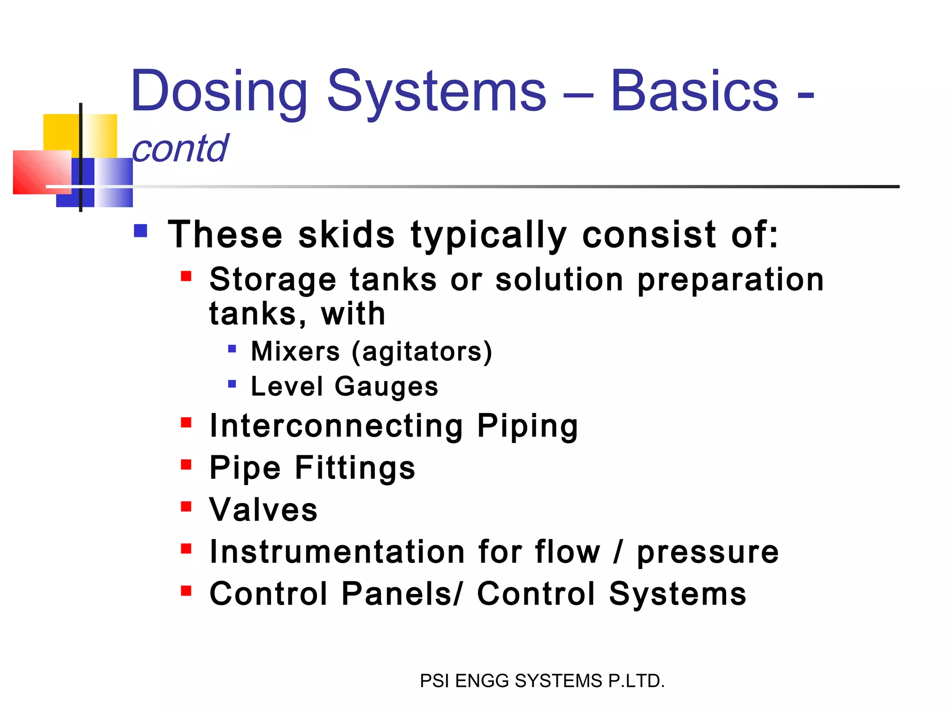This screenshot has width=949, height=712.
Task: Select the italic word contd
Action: tap(180, 148)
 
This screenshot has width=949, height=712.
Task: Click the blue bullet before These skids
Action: tap(140, 231)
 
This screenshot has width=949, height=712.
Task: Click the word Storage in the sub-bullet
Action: tap(272, 280)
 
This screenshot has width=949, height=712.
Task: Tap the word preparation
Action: tap(730, 280)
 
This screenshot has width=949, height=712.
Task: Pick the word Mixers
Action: tap(295, 351)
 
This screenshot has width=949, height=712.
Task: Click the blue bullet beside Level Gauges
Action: tap(232, 384)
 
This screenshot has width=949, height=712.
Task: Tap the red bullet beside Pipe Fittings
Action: tap(186, 464)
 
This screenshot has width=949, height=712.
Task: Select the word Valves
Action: tap(263, 510)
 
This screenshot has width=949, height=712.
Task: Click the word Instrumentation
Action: tap(337, 552)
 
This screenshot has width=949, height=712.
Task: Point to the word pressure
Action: tap(708, 553)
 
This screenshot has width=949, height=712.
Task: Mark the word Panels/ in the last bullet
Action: tap(402, 594)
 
